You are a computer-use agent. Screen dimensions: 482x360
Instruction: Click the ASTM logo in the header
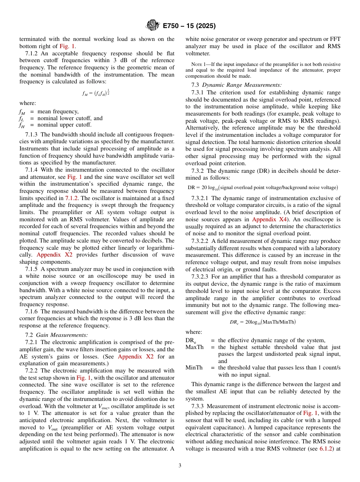pyautogui.click(x=153, y=26)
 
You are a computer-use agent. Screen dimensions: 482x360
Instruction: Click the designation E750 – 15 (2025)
pyautogui.click(x=189, y=26)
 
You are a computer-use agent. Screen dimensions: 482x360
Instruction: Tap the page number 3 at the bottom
pyautogui.click(x=180, y=466)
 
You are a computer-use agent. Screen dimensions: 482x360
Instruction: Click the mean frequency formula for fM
pyautogui.click(x=97, y=92)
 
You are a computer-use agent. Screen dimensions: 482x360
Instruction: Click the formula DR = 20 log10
pyautogui.click(x=263, y=188)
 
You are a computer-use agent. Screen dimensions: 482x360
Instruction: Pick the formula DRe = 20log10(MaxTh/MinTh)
pyautogui.click(x=263, y=322)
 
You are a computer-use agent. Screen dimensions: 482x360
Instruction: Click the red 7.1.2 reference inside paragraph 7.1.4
pyautogui.click(x=72, y=198)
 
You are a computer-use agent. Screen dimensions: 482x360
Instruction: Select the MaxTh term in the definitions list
pyautogui.click(x=194, y=347)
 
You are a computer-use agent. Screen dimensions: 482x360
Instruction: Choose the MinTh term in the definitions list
pyautogui.click(x=194, y=368)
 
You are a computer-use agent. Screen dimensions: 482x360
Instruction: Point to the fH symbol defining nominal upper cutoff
pyautogui.click(x=22, y=125)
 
